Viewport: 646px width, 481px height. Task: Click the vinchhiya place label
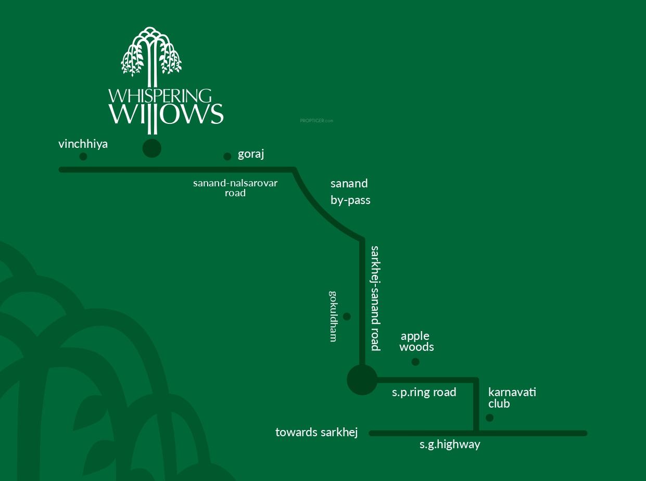pyautogui.click(x=83, y=144)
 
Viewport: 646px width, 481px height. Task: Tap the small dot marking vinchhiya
pyautogui.click(x=83, y=157)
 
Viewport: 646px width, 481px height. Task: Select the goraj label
pyautogui.click(x=251, y=154)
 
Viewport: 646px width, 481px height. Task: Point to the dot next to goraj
pyautogui.click(x=227, y=157)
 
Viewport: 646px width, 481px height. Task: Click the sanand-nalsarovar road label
pyautogui.click(x=235, y=188)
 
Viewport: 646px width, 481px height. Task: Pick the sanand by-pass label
pyautogui.click(x=350, y=192)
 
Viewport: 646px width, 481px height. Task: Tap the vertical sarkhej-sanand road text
pyautogui.click(x=375, y=298)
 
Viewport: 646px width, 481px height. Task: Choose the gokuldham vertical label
pyautogui.click(x=334, y=316)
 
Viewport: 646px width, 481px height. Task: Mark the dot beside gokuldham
pyautogui.click(x=347, y=317)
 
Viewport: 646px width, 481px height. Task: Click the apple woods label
pyautogui.click(x=416, y=341)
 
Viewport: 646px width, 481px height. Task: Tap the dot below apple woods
pyautogui.click(x=415, y=362)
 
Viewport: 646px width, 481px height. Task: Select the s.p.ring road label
pyautogui.click(x=424, y=393)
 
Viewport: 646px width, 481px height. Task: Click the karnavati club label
pyautogui.click(x=512, y=398)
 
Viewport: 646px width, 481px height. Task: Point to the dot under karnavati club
pyautogui.click(x=489, y=417)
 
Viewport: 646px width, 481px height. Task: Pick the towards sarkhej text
pyautogui.click(x=316, y=433)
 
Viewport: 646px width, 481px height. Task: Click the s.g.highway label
pyautogui.click(x=450, y=445)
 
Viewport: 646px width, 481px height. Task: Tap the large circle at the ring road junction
pyautogui.click(x=362, y=380)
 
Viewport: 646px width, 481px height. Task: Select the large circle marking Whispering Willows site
pyautogui.click(x=152, y=148)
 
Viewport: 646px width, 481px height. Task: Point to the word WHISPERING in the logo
pyautogui.click(x=160, y=96)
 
